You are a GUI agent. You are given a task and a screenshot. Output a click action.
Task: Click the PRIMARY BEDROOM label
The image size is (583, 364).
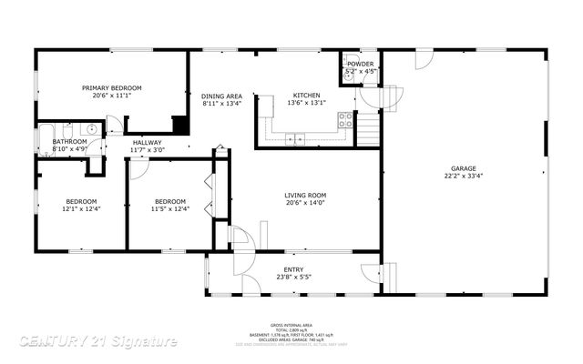[x=112, y=88]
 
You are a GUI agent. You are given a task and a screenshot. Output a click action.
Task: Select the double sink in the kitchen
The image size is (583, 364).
[x=295, y=138]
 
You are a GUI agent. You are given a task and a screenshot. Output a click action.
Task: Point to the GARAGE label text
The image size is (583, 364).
[x=464, y=168]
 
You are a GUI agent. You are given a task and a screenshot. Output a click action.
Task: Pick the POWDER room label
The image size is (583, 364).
[x=359, y=64]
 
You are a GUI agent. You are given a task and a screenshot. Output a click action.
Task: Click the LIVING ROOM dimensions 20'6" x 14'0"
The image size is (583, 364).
[x=305, y=204]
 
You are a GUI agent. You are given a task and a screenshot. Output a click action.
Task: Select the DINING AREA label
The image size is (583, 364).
[x=222, y=96]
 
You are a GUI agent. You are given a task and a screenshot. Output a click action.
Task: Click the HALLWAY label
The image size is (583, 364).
[x=147, y=142]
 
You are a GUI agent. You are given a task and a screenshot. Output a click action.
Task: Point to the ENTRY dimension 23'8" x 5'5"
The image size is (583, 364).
[x=293, y=278]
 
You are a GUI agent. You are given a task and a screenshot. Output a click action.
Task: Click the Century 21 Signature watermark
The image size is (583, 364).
[x=98, y=341]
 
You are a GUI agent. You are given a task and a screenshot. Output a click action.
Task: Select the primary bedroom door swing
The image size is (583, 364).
[x=114, y=125]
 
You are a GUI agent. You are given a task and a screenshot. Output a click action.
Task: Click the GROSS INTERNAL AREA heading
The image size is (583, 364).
[x=291, y=325]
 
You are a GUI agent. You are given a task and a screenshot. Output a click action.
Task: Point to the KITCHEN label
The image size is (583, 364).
[x=306, y=96]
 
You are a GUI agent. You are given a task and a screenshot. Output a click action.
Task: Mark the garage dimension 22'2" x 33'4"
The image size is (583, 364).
[x=464, y=177]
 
